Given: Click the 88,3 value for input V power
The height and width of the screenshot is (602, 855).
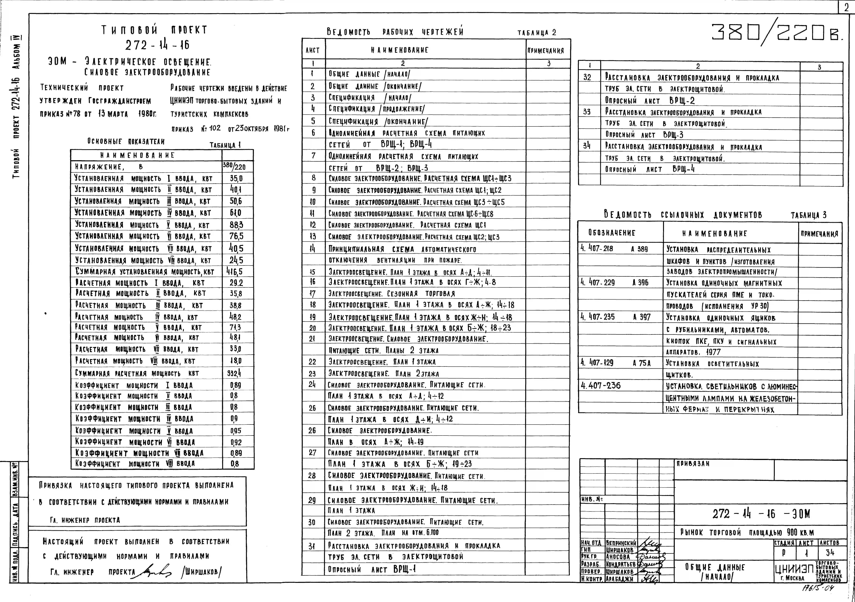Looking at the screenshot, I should point(236,225).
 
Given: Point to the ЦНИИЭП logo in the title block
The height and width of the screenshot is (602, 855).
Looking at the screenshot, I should point(794,569).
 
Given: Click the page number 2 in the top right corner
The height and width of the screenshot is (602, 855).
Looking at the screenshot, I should point(846,7).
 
